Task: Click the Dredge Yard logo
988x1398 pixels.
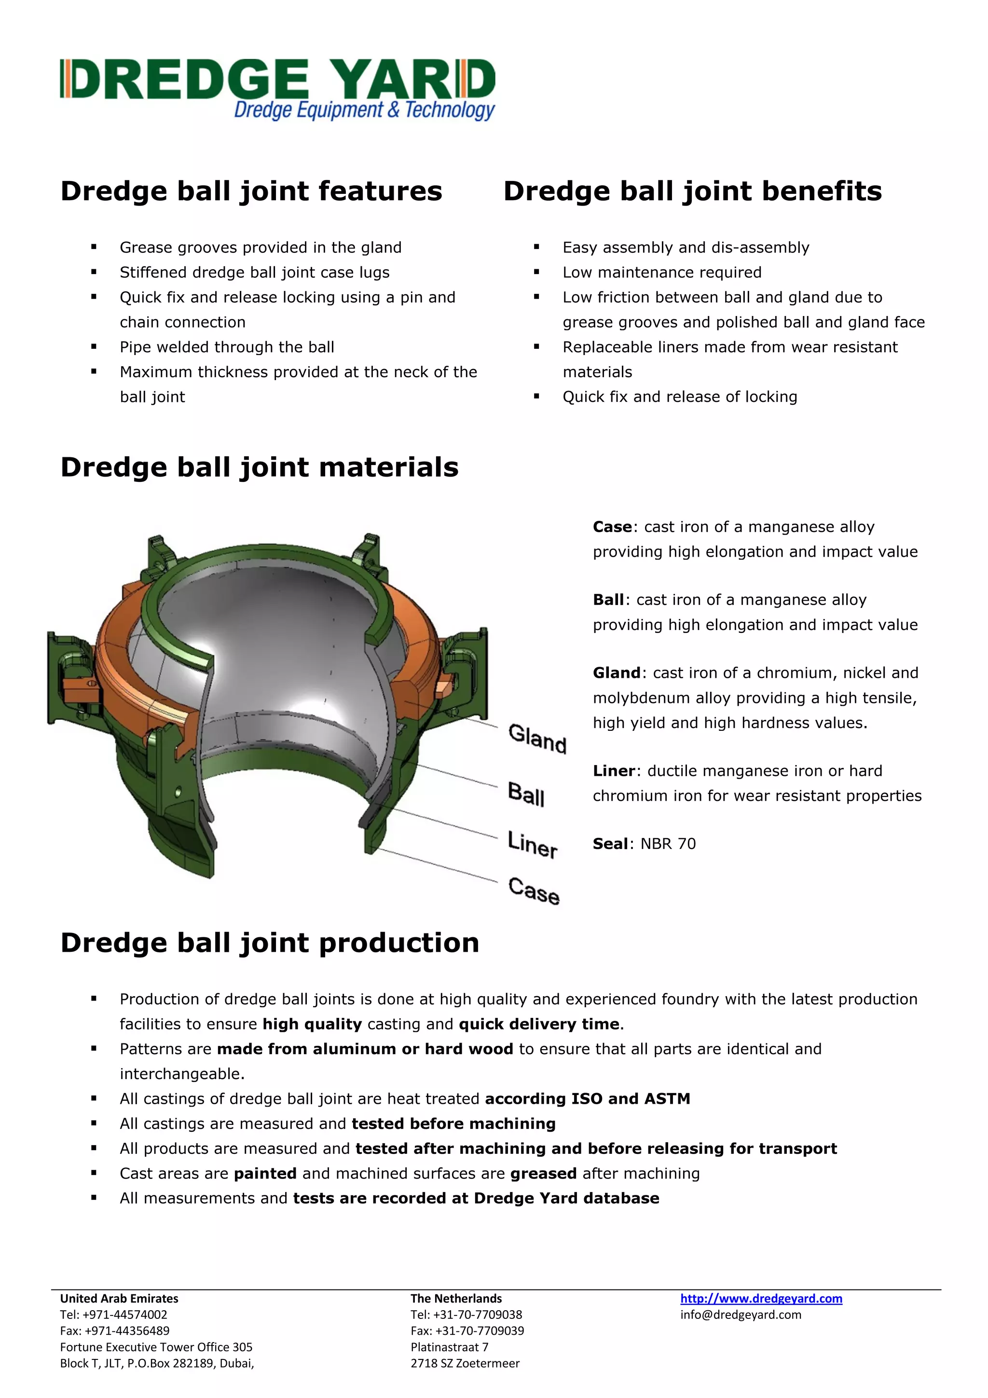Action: (277, 88)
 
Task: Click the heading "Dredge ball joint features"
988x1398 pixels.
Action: (251, 191)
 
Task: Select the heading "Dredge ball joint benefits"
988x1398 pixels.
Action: (692, 191)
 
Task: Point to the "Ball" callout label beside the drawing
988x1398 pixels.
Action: (526, 794)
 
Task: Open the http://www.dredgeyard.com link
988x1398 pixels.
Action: (761, 1299)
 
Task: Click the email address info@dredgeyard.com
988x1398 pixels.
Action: (740, 1315)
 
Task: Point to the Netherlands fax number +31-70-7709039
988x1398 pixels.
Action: (479, 1331)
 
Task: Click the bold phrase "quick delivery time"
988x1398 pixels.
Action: (539, 1024)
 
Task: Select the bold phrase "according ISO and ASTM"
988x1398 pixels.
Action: (588, 1099)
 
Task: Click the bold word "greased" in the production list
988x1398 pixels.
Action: (543, 1173)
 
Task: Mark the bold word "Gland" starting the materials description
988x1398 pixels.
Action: (616, 673)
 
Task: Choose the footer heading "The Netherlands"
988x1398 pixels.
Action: (456, 1299)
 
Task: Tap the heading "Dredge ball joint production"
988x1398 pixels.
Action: (270, 943)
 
